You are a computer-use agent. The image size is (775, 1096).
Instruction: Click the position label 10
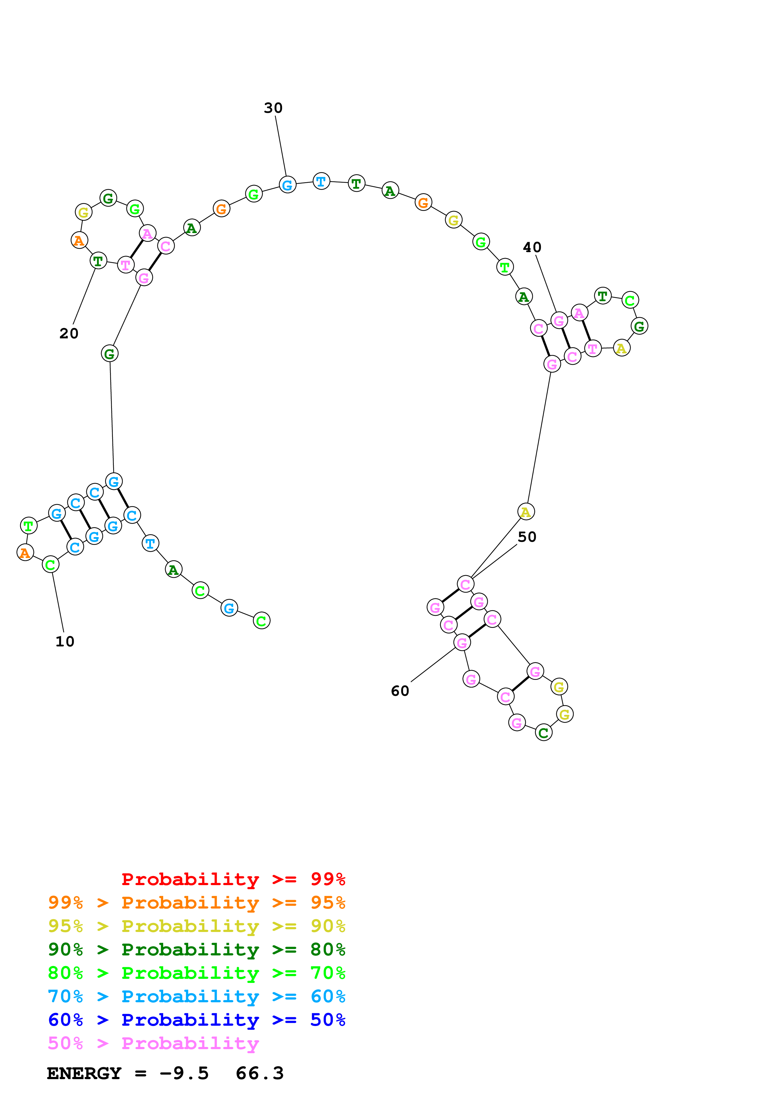tap(65, 641)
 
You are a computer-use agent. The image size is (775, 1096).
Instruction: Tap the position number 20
tap(69, 333)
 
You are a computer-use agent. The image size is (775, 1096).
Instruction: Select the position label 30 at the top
tap(273, 108)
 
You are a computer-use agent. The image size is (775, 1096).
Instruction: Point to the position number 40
tap(532, 247)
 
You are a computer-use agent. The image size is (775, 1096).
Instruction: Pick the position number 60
tap(400, 691)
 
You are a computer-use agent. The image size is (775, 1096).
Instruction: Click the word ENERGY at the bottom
tap(84, 1073)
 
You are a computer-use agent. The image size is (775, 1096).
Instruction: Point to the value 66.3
tap(260, 1073)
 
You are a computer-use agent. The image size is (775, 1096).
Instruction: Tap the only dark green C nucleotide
tap(543, 732)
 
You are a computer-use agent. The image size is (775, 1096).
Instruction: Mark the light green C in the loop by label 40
tap(630, 300)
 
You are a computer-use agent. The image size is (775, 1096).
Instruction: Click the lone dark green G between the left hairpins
tap(110, 354)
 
